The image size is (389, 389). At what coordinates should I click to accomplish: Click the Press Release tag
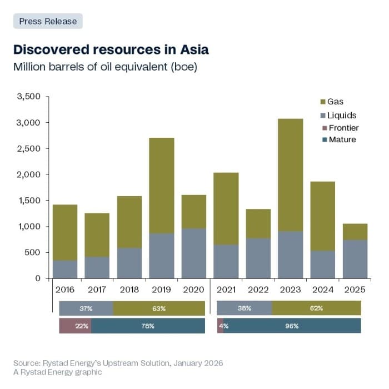48,21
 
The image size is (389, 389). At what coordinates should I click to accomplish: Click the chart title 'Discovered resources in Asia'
111,49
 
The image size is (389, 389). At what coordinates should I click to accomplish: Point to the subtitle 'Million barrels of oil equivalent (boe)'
106,67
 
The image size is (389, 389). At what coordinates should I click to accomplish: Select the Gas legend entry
335,102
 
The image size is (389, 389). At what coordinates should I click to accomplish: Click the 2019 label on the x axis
161,289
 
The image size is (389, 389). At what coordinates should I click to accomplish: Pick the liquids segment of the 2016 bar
64,270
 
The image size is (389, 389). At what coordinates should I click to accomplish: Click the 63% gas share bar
159,308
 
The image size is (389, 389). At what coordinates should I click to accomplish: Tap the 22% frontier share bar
75,326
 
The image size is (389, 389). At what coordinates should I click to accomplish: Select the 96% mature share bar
292,326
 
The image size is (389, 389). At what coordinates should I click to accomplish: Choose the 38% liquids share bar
244,308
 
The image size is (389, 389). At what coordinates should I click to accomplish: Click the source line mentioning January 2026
118,363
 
